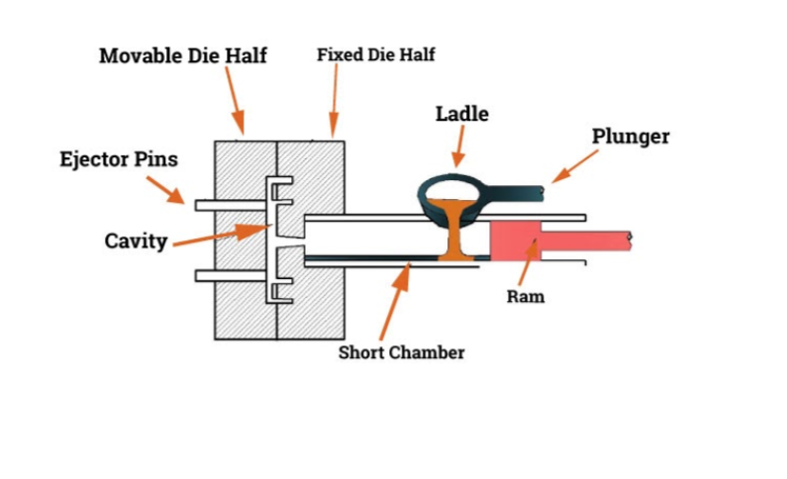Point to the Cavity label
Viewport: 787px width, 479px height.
tap(136, 240)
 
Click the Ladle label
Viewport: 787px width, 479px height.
tap(461, 114)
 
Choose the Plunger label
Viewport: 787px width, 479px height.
tap(631, 136)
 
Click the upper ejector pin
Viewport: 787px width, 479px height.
tap(230, 205)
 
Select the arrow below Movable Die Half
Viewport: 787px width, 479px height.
tap(235, 105)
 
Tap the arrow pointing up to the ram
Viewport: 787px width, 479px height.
tap(531, 262)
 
